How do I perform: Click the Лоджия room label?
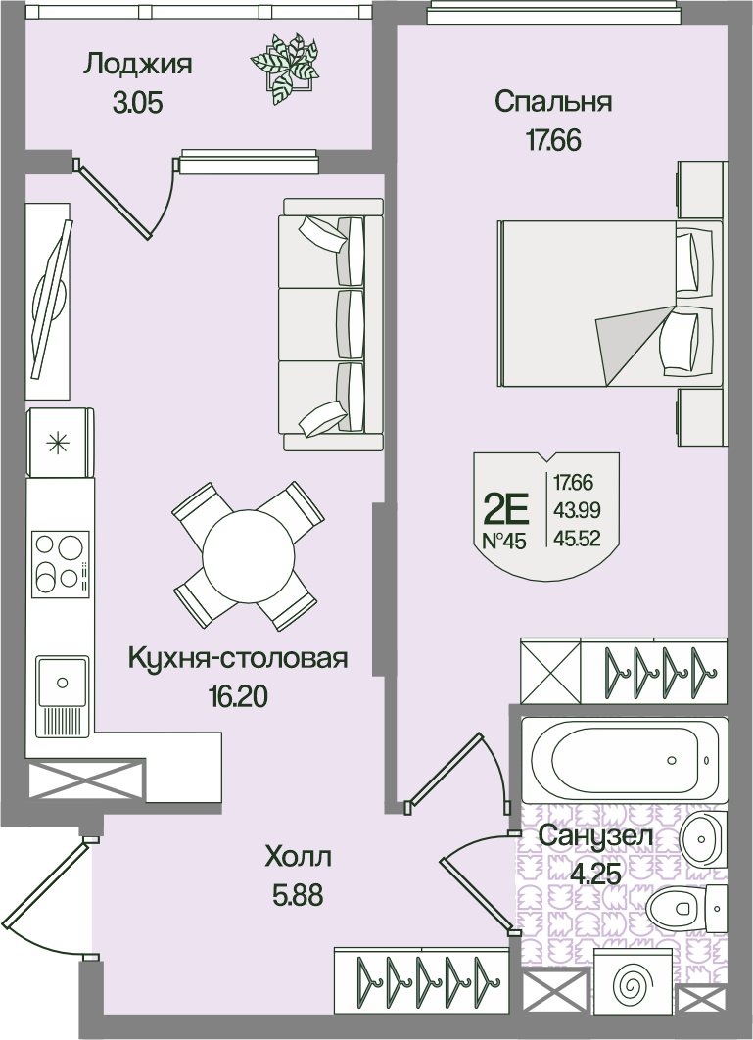point(138,66)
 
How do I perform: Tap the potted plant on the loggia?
point(284,68)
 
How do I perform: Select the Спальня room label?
point(553,103)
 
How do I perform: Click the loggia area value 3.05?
point(138,103)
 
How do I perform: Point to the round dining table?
point(248,555)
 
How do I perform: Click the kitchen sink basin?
point(63,682)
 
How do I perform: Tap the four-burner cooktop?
point(61,563)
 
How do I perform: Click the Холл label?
point(298,858)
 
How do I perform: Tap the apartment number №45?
point(504,542)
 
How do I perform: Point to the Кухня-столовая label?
point(238,659)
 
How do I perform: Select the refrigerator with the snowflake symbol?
point(60,443)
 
